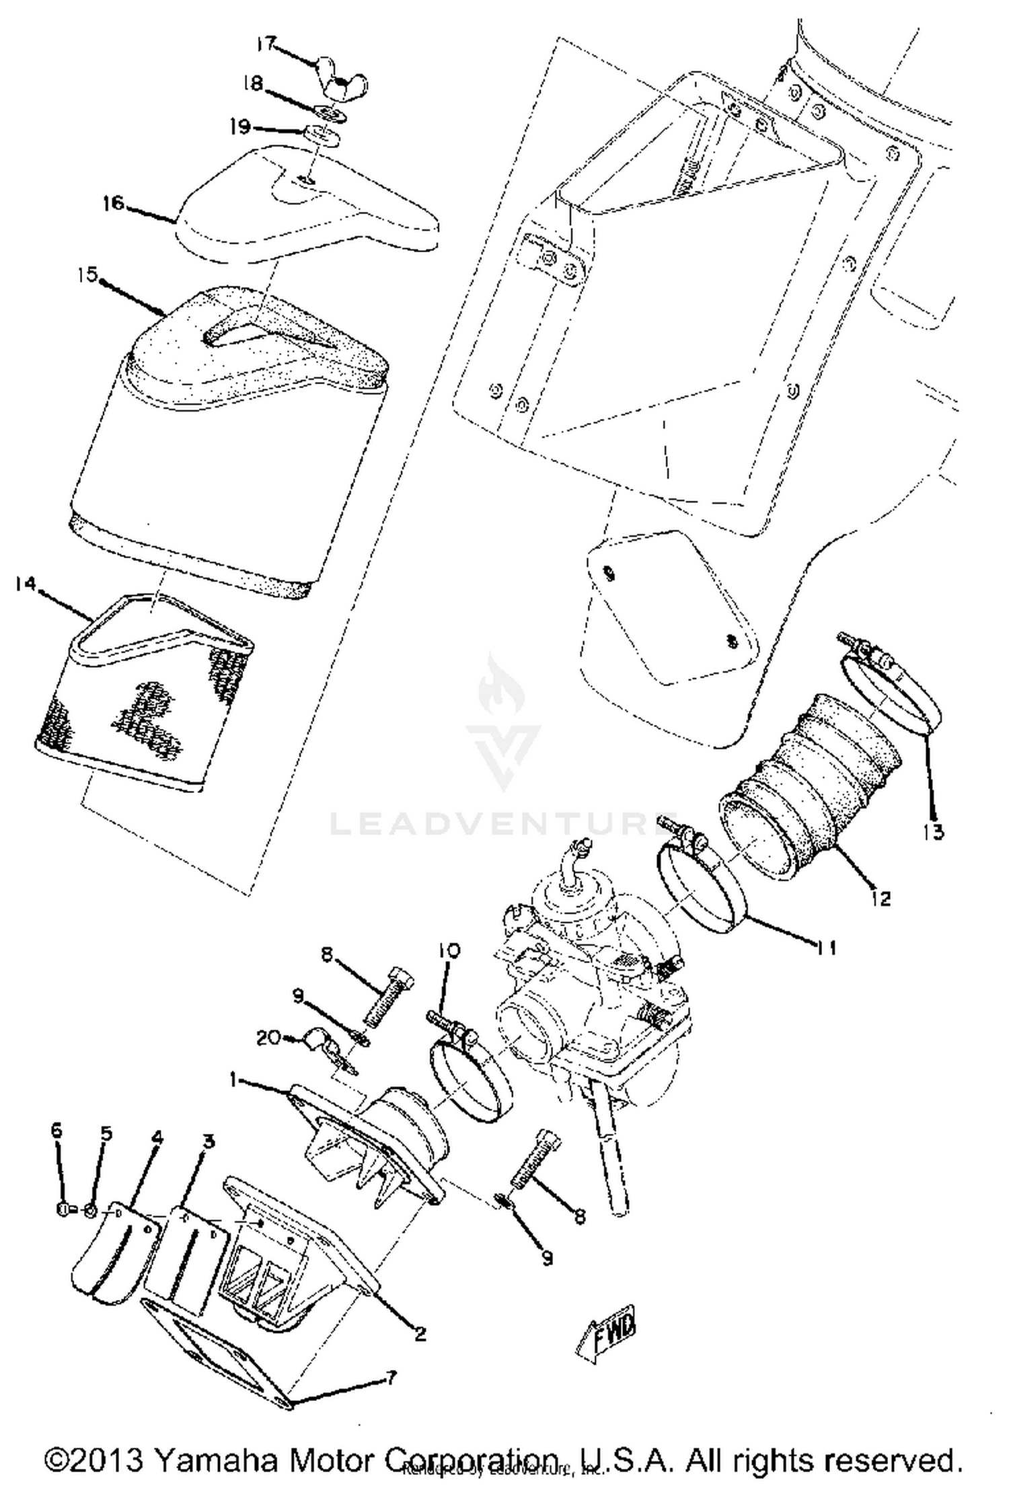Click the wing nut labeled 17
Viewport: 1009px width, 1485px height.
344,83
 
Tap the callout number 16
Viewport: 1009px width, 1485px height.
114,202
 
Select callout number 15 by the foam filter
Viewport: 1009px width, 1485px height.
87,275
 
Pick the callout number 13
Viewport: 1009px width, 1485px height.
933,832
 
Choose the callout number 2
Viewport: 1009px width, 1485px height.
420,1334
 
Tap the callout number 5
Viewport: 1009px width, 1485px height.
106,1133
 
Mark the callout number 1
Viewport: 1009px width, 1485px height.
233,1080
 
